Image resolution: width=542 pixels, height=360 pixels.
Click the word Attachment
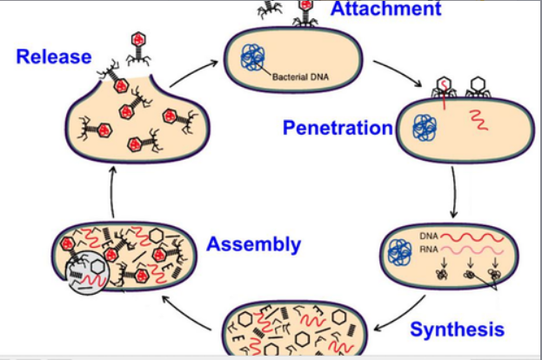click(385, 10)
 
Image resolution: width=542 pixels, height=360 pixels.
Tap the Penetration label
click(338, 129)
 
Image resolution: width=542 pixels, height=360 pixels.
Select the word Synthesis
click(457, 330)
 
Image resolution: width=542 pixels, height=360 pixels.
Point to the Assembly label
click(253, 244)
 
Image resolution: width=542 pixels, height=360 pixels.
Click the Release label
click(53, 57)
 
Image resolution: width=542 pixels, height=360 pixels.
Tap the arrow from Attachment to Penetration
click(390, 71)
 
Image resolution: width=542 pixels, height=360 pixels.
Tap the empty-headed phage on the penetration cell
click(477, 87)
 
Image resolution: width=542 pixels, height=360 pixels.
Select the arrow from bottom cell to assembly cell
click(190, 314)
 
